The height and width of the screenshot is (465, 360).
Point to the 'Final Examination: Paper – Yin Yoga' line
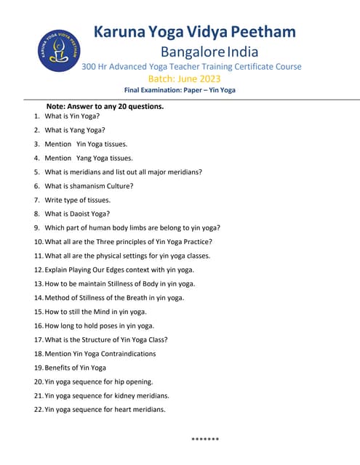180,90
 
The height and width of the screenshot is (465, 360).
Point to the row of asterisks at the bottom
205,439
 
